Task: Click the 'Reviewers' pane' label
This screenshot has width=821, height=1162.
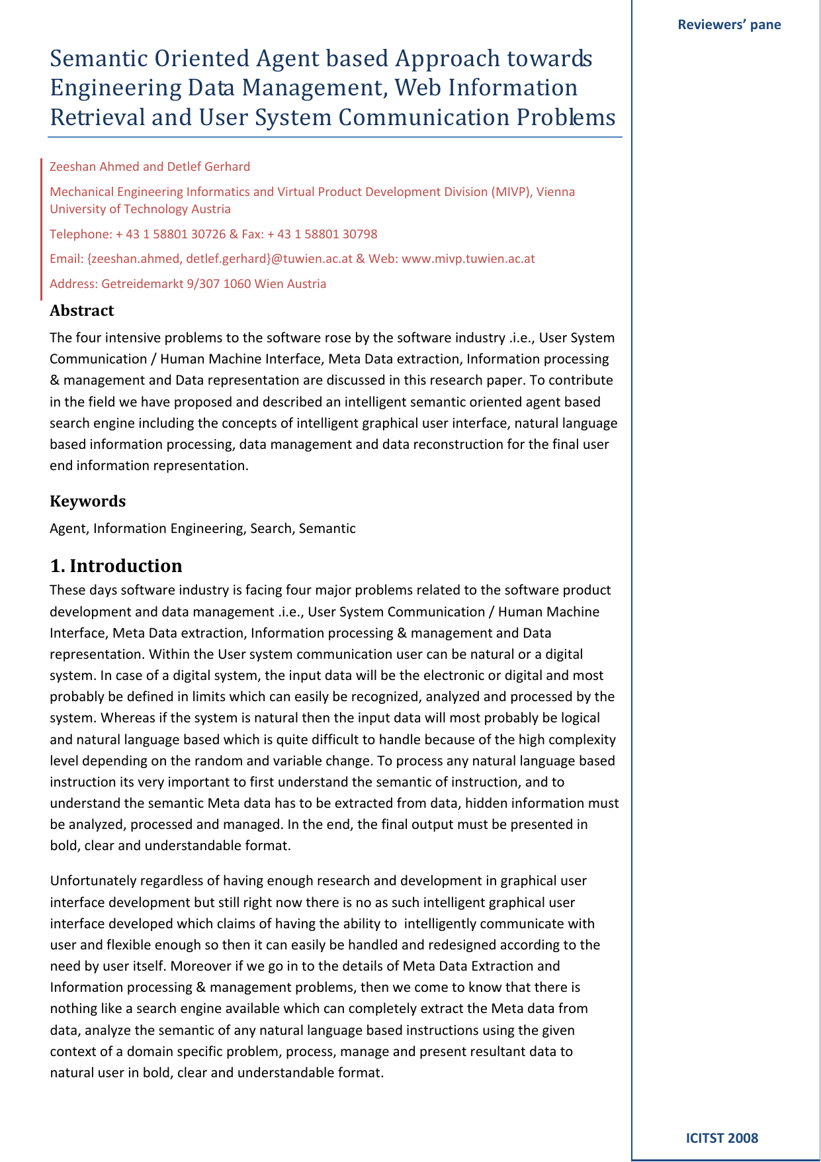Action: (729, 25)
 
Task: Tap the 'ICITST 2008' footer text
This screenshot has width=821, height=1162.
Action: (722, 1138)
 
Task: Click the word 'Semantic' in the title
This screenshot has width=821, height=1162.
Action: (99, 59)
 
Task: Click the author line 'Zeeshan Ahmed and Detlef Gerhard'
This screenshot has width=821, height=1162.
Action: (150, 167)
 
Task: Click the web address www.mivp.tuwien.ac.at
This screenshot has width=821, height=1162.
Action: (468, 259)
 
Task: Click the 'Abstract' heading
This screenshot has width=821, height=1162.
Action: (81, 311)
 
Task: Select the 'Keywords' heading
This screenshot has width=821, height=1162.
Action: (87, 501)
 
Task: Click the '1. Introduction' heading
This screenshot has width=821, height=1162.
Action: (116, 566)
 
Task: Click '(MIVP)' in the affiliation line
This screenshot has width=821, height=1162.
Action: (510, 192)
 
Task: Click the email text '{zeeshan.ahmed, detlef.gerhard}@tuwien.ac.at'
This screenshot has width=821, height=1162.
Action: (220, 259)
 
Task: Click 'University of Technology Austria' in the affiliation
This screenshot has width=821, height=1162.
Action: (140, 209)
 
